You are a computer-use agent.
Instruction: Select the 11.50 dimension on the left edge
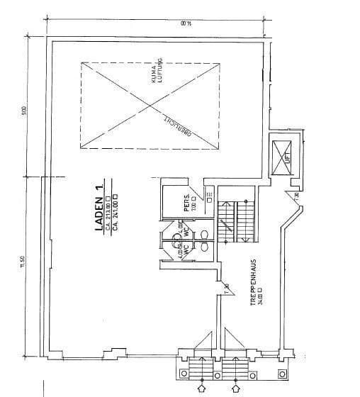pos(23,264)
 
